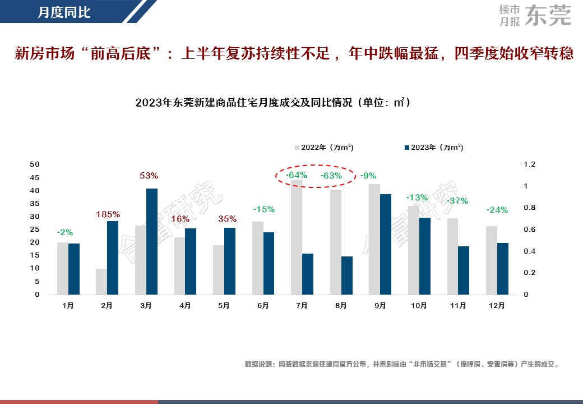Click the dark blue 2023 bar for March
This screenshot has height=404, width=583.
152,241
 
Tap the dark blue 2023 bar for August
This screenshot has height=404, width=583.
347,276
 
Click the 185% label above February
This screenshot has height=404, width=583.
108,214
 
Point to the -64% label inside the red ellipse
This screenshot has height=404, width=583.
297,176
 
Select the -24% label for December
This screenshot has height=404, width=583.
497,210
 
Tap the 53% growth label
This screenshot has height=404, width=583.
149,176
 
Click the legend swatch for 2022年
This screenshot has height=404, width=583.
298,148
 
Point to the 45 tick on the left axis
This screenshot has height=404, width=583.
35,178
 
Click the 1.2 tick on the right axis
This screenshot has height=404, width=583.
530,164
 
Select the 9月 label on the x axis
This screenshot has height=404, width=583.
380,306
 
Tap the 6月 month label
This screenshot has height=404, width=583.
263,306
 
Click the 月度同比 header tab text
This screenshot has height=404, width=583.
64,12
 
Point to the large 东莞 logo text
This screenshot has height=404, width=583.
549,16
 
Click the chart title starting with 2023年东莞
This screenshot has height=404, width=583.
272,103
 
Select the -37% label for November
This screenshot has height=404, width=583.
457,201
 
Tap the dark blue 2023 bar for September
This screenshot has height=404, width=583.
386,244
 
